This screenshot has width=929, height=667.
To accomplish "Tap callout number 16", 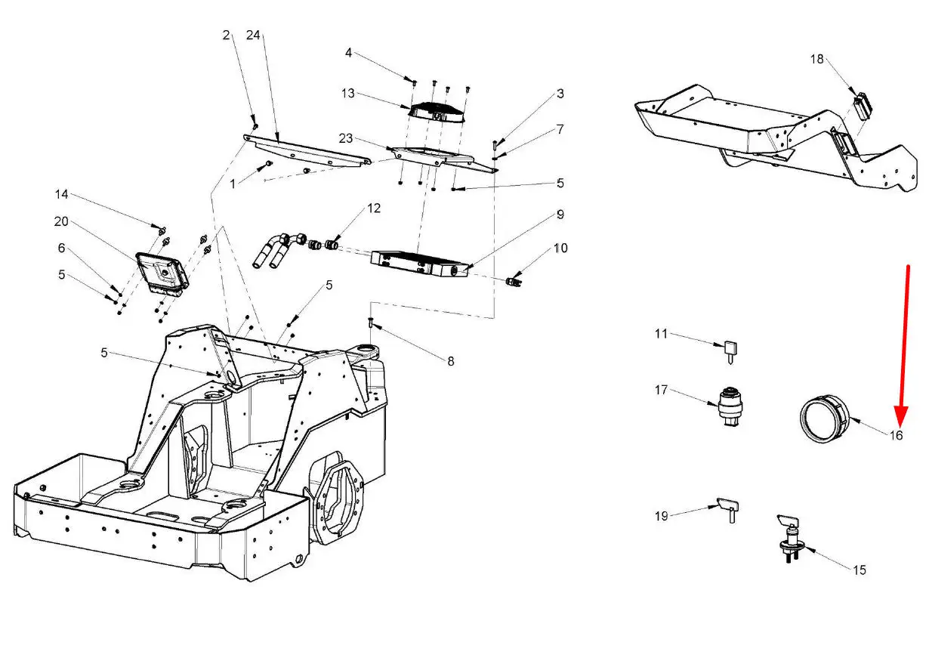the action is pos(897,435).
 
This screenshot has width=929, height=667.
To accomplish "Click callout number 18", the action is pos(816,60).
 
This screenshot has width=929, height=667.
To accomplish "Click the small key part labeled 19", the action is pos(727,509).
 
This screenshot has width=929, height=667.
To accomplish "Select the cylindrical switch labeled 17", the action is pos(730,406).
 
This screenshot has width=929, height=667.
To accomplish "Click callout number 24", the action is pos(253,36).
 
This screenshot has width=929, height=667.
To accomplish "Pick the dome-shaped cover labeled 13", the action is pos(437,113).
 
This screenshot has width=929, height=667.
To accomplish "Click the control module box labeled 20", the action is pos(162,273).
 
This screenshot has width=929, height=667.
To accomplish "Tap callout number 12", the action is pos(374,208).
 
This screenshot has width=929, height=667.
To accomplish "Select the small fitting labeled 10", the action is pos(514,282).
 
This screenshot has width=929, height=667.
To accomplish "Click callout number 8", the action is pos(450,361).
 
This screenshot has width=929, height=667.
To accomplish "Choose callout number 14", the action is pos(61,194).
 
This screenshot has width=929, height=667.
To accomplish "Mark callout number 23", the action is pos(345,138).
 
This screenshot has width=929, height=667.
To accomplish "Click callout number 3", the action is pos(560,94).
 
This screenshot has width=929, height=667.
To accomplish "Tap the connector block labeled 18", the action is pos(863,105).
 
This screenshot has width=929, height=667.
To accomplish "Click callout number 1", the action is pos(233,184).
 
